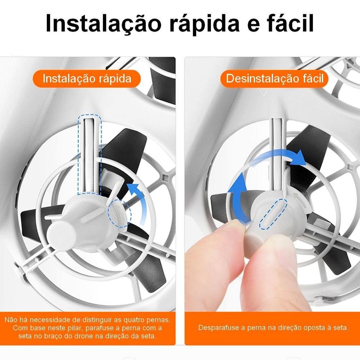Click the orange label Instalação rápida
[x=86, y=79]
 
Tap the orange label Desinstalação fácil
[x=274, y=79]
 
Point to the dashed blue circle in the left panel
[x=120, y=213]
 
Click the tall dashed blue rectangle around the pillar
[x=90, y=154]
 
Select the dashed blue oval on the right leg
[x=273, y=214]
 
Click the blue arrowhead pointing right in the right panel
[x=298, y=158]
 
